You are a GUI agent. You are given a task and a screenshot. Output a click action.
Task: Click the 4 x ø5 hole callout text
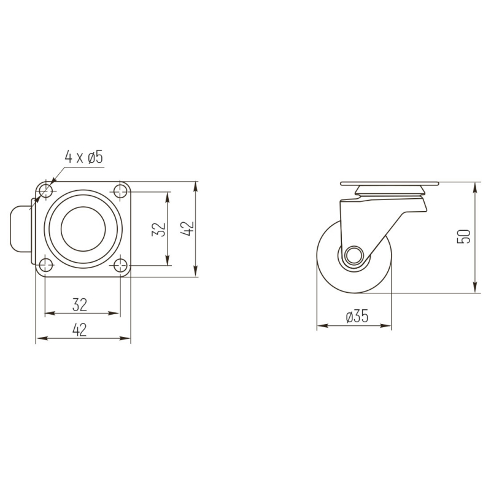[83, 157]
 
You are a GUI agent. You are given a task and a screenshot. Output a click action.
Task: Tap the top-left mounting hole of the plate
[45, 191]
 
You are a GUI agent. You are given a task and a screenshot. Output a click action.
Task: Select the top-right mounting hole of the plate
[120, 191]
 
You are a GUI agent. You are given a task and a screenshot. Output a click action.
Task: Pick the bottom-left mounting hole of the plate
[45, 266]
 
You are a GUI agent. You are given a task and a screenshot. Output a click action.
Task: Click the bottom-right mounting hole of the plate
[120, 266]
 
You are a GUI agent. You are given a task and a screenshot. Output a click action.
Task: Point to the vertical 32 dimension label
[158, 229]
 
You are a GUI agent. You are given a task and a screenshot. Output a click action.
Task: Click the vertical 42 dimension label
[187, 228]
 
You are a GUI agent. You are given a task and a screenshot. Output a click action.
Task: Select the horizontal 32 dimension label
[80, 304]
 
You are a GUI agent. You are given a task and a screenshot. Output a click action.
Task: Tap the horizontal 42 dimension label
[80, 330]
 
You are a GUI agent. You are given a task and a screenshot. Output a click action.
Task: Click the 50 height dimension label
[464, 236]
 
